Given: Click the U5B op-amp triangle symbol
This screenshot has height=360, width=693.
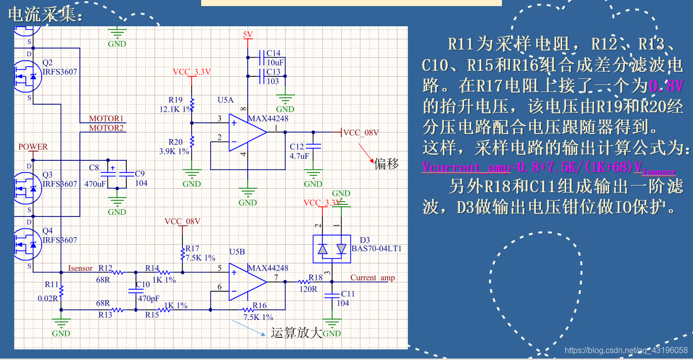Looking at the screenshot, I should tap(246, 282).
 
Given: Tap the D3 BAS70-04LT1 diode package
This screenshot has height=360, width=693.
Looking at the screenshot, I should tap(332, 249).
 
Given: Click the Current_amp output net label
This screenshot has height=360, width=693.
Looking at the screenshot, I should tap(373, 278).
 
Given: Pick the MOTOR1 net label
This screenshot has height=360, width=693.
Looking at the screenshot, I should tap(106, 119).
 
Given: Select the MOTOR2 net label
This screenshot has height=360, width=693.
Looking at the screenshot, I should tap(106, 128).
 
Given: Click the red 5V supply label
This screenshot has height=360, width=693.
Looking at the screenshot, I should tap(248, 34).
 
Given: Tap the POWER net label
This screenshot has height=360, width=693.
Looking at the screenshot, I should tap(33, 147).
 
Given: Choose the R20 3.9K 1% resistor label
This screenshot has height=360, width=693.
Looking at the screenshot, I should tap(175, 146).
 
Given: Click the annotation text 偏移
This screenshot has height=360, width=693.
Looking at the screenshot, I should tap(387, 163).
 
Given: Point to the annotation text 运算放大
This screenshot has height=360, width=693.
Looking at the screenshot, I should tap(296, 333).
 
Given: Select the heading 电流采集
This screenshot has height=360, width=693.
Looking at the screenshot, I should tap(45, 15).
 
